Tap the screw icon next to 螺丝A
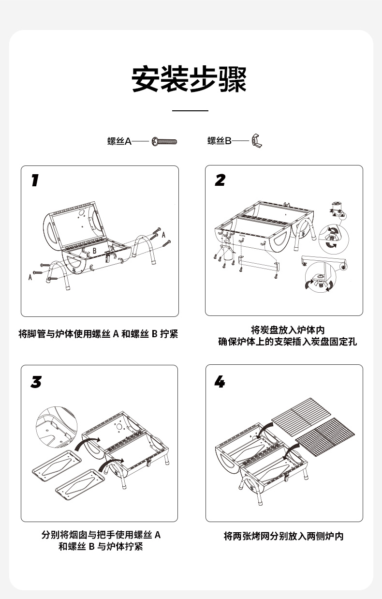click(165, 141)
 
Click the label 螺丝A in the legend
click(119, 141)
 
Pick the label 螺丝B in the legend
click(220, 141)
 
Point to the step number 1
click(34, 181)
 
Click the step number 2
click(220, 180)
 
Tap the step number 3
click(36, 382)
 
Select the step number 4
click(220, 382)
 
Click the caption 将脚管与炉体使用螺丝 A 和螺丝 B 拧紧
click(98, 334)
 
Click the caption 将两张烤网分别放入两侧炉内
click(284, 536)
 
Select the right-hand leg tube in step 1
click(145, 249)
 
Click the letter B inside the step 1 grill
click(95, 251)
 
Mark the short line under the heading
click(190, 111)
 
